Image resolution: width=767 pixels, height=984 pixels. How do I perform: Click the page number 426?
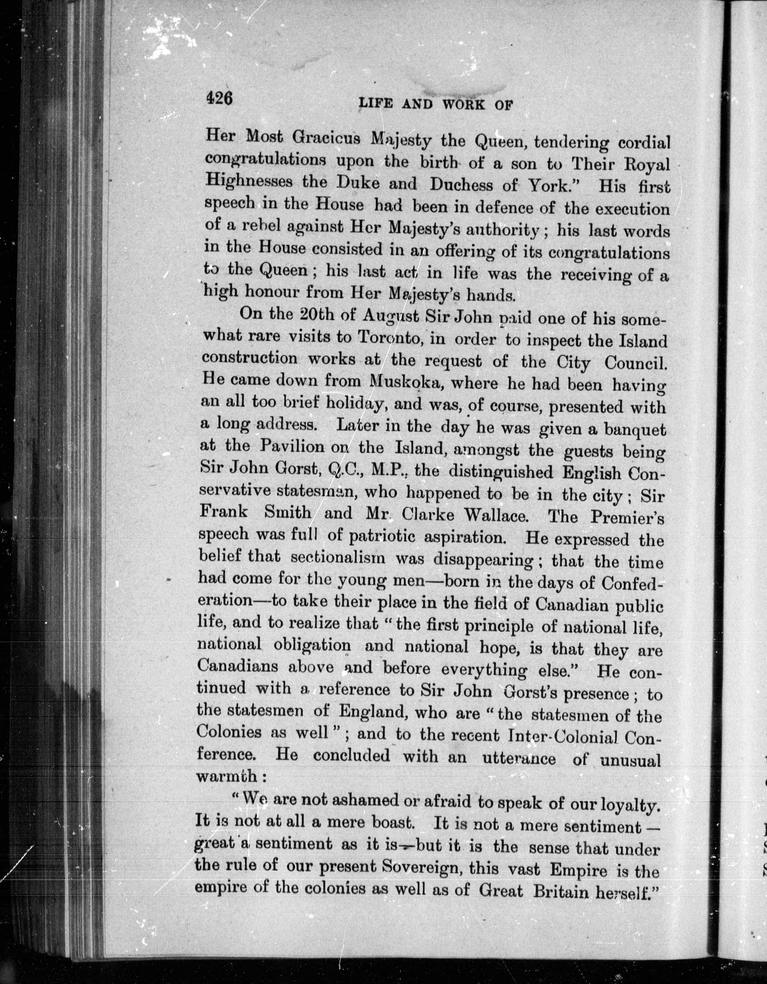(x=219, y=97)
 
